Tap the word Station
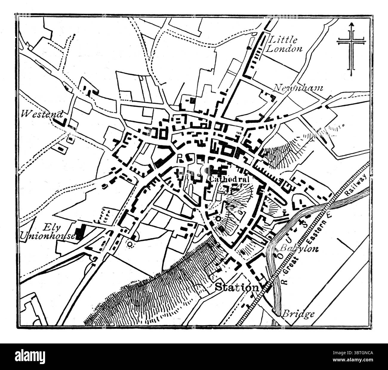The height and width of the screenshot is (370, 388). pyautogui.click(x=237, y=287)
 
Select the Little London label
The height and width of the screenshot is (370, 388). pyautogui.click(x=284, y=44)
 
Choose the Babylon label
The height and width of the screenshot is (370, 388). pyautogui.click(x=299, y=248)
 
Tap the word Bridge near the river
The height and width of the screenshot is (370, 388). pyautogui.click(x=298, y=314)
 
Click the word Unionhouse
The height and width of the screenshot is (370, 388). pyautogui.click(x=47, y=236)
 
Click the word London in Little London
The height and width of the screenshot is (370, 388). pyautogui.click(x=284, y=49)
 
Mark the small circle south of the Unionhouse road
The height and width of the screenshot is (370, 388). pyautogui.click(x=130, y=244)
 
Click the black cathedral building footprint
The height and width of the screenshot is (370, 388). pyautogui.click(x=218, y=171)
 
